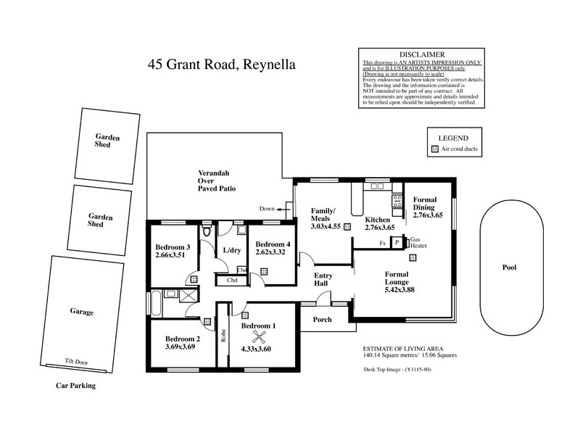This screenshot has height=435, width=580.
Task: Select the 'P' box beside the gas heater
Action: pyautogui.click(x=397, y=243)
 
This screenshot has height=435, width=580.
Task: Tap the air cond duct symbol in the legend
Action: pyautogui.click(x=435, y=149)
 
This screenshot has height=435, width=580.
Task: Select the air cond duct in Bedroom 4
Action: pyautogui.click(x=264, y=271)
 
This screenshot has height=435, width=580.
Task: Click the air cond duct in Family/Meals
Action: pyautogui.click(x=348, y=226)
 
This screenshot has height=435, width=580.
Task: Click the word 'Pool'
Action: pyautogui.click(x=509, y=268)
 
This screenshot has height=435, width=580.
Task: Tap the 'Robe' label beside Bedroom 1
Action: pyautogui.click(x=223, y=336)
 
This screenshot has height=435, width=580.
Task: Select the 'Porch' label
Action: pyautogui.click(x=323, y=320)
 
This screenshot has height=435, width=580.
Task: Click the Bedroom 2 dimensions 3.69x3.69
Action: pyautogui.click(x=181, y=347)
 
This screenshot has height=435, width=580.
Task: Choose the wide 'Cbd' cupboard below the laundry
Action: pyautogui.click(x=232, y=280)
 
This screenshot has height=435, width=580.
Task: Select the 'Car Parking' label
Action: pyautogui.click(x=76, y=386)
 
